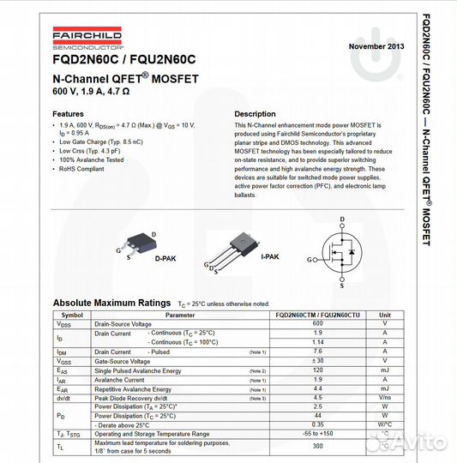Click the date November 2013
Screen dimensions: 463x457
tap(376, 45)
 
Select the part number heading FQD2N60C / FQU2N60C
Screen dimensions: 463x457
tap(124, 60)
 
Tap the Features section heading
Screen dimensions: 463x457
tap(69, 114)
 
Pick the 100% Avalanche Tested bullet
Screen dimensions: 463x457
tap(92, 159)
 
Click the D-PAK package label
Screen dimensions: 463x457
tap(166, 258)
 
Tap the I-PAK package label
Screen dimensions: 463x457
tap(269, 256)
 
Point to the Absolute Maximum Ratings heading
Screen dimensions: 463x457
tap(111, 303)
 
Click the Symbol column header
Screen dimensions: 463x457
tap(73, 315)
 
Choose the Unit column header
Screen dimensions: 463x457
tap(385, 315)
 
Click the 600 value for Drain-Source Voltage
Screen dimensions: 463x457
tap(317, 323)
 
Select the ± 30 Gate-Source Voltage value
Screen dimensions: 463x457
tap(317, 361)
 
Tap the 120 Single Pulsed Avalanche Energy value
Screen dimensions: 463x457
tap(317, 370)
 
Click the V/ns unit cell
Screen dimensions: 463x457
tap(385, 398)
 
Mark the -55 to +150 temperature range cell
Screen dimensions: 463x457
tap(317, 434)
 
